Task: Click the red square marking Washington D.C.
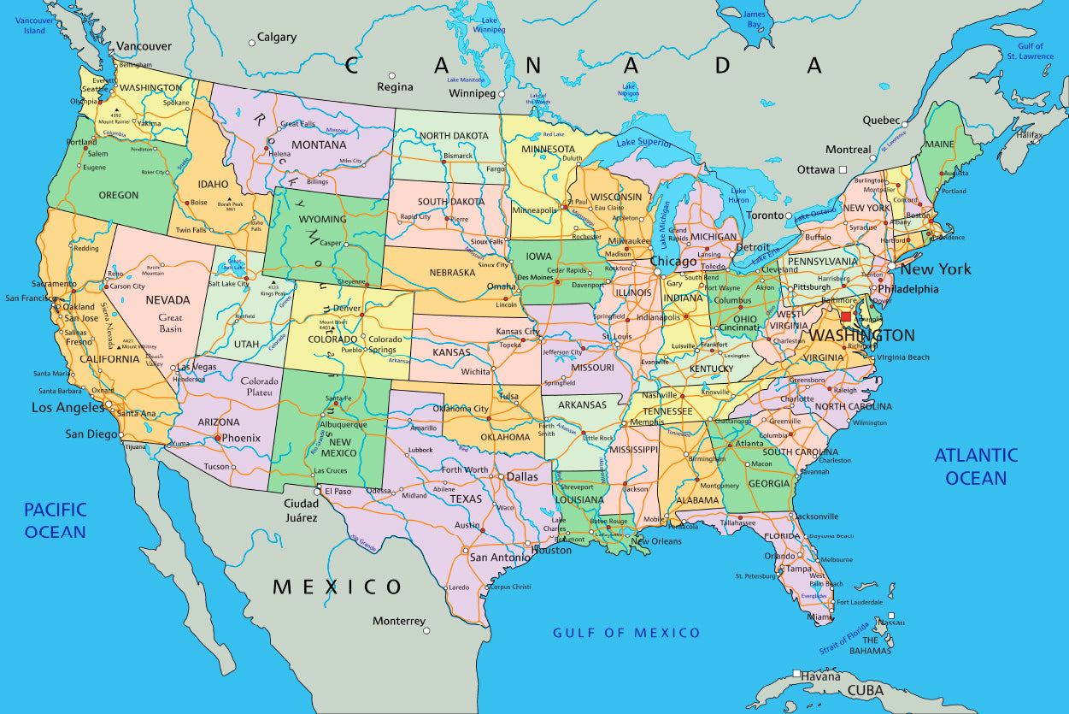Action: (846, 316)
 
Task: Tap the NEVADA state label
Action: (167, 300)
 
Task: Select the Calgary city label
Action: (277, 38)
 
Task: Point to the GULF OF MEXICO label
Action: (626, 633)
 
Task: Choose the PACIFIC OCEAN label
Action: (56, 520)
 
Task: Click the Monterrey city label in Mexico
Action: (399, 621)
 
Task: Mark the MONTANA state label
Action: (319, 145)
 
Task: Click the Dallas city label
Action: (522, 477)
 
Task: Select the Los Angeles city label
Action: (68, 408)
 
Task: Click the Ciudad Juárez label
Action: (301, 510)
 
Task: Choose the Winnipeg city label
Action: (473, 93)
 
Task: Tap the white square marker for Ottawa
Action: (843, 169)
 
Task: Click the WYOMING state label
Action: (322, 219)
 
